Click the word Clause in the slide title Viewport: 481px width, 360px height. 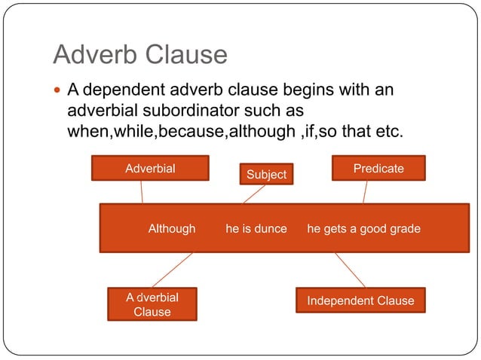click(x=188, y=55)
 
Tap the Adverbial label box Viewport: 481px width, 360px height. click(x=150, y=168)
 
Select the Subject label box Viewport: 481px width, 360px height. click(x=267, y=174)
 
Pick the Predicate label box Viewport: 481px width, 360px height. click(x=378, y=168)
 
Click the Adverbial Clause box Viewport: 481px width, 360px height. click(x=152, y=304)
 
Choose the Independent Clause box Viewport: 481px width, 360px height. click(x=360, y=301)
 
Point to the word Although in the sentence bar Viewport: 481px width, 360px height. click(x=172, y=228)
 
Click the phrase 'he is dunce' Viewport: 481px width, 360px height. click(x=256, y=228)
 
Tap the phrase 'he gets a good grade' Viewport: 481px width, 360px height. click(x=363, y=228)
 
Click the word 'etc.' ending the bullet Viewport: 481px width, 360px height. click(x=390, y=132)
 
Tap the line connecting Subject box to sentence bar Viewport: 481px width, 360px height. click(x=254, y=194)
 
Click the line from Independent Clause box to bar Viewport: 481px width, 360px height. click(x=350, y=270)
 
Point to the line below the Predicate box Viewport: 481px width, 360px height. click(x=365, y=192)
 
